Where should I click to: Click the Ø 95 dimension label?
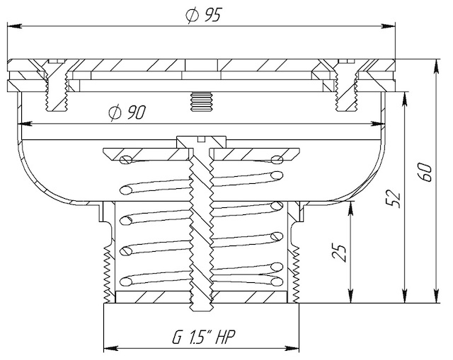tap(204, 15)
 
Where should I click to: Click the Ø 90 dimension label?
tap(127, 112)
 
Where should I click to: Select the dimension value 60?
tap(426, 173)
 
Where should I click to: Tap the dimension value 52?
tap(394, 199)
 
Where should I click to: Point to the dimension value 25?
tap(338, 253)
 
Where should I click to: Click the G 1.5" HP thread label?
tap(204, 337)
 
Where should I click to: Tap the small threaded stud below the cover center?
tap(201, 101)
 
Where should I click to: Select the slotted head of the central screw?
tap(201, 141)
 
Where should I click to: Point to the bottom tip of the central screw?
tap(201, 310)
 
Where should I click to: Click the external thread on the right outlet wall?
tap(296, 274)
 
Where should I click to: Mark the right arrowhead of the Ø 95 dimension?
tap(388, 26)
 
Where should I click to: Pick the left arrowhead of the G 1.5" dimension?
tap(110, 348)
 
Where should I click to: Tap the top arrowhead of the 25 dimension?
tap(351, 209)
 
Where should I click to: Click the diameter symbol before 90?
tap(115, 112)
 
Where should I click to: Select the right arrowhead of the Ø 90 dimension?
tap(378, 124)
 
